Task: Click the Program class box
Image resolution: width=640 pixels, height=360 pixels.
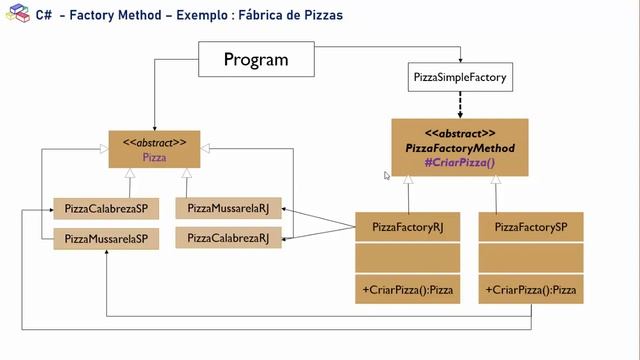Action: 255,60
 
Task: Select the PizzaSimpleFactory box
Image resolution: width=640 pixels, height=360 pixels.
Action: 459,77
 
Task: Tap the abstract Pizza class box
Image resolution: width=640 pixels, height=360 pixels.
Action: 154,150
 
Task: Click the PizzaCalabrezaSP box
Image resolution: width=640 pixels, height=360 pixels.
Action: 105,208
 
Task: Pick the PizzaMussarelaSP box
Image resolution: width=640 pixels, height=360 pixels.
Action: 105,238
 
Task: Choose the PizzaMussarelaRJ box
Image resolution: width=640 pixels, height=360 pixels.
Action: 228,208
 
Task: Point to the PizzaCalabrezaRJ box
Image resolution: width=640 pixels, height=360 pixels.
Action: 228,238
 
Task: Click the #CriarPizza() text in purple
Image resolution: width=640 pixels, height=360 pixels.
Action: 459,161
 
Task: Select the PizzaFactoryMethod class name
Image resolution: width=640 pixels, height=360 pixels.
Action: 459,147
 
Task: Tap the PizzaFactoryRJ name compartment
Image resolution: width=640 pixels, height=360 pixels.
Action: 407,228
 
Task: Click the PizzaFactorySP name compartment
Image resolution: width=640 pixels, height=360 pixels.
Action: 531,228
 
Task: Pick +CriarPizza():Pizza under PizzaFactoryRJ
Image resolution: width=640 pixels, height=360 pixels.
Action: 407,291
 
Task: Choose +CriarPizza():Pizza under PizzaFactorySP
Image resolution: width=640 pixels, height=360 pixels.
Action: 531,291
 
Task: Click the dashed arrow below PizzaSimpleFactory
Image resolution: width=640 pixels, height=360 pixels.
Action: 459,105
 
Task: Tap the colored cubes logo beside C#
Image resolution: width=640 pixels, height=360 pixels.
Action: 17,17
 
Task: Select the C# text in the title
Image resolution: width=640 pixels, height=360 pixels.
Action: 43,17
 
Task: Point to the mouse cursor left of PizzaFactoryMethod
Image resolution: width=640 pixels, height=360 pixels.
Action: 387,176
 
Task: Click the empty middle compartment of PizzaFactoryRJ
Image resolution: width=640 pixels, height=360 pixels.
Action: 407,259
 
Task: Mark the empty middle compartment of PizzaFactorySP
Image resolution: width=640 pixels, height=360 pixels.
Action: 531,259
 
